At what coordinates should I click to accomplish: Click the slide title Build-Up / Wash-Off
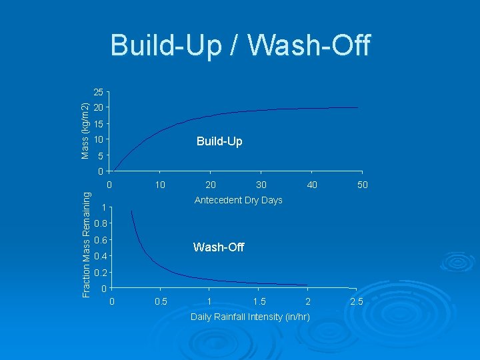(x=240, y=46)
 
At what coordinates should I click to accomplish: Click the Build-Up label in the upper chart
(x=219, y=141)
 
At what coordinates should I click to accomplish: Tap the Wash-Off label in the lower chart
(x=219, y=247)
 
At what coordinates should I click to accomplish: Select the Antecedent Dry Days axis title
(x=238, y=200)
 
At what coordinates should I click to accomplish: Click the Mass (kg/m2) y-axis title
(x=85, y=130)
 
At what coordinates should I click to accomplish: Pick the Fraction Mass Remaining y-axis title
(x=85, y=243)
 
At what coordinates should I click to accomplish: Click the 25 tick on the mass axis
(x=98, y=91)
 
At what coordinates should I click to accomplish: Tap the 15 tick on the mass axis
(x=98, y=124)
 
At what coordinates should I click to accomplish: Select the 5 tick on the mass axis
(x=100, y=157)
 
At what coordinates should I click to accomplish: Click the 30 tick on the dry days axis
(x=261, y=185)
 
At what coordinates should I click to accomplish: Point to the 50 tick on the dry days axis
(x=362, y=185)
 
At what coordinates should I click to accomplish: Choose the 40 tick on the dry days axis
(x=311, y=185)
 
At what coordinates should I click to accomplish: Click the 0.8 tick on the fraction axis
(x=99, y=223)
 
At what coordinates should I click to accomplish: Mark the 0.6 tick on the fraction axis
(x=99, y=240)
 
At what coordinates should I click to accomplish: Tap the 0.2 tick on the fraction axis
(x=99, y=273)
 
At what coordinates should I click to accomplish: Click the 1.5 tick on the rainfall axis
(x=259, y=301)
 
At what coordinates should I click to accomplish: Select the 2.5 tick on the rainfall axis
(x=357, y=301)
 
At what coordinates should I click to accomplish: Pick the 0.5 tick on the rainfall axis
(x=161, y=301)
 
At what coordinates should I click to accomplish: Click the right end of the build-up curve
(x=357, y=107)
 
